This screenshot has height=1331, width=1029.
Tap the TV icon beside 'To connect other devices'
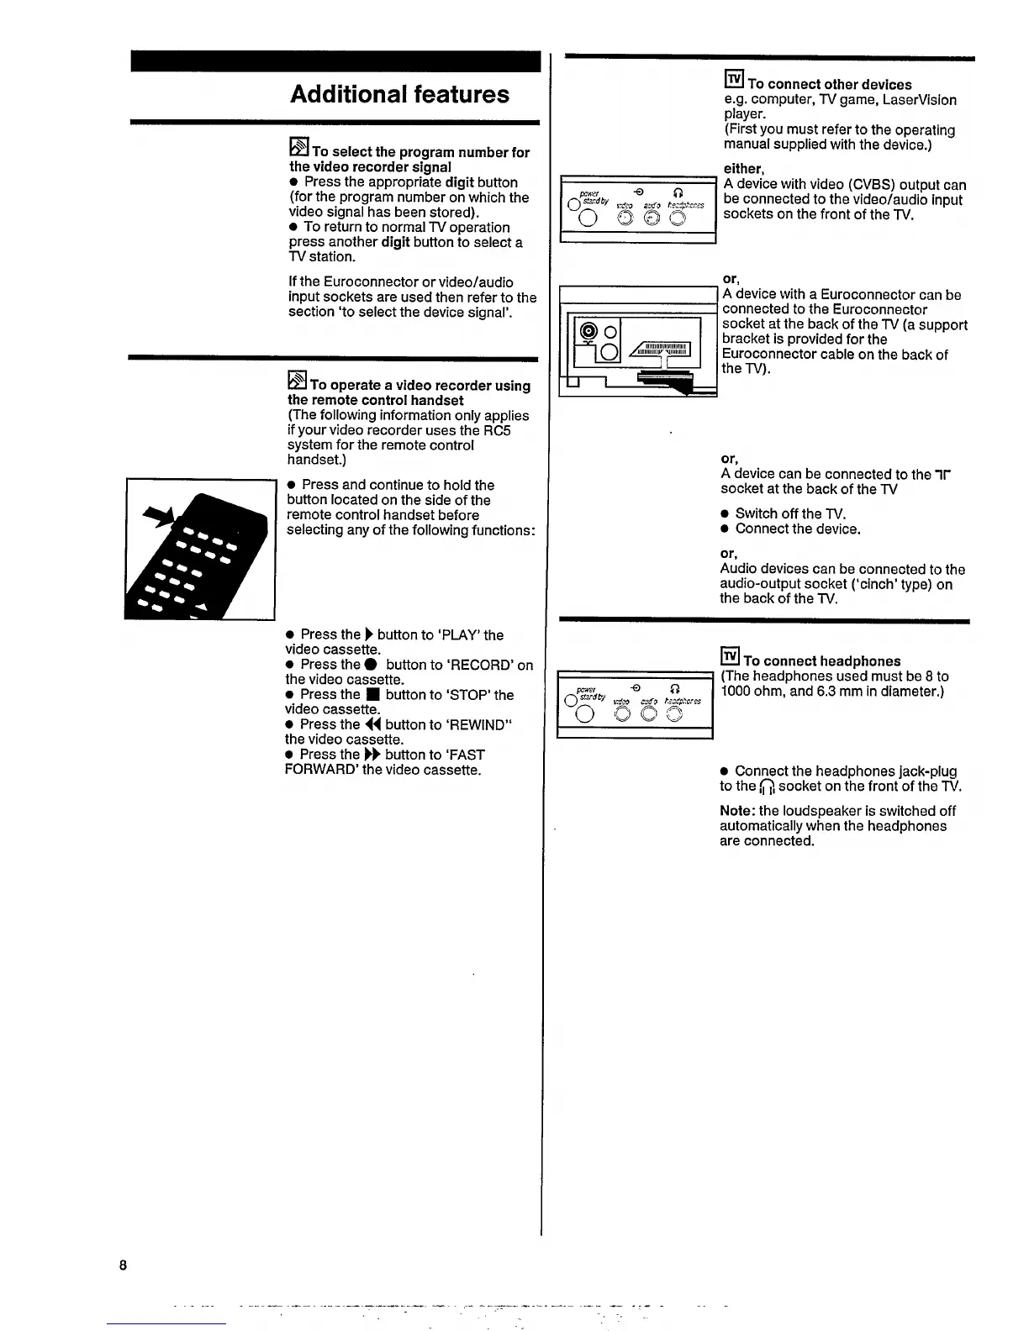(x=733, y=81)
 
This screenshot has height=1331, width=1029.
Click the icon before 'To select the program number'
(x=299, y=148)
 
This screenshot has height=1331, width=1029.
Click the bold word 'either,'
(x=742, y=169)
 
